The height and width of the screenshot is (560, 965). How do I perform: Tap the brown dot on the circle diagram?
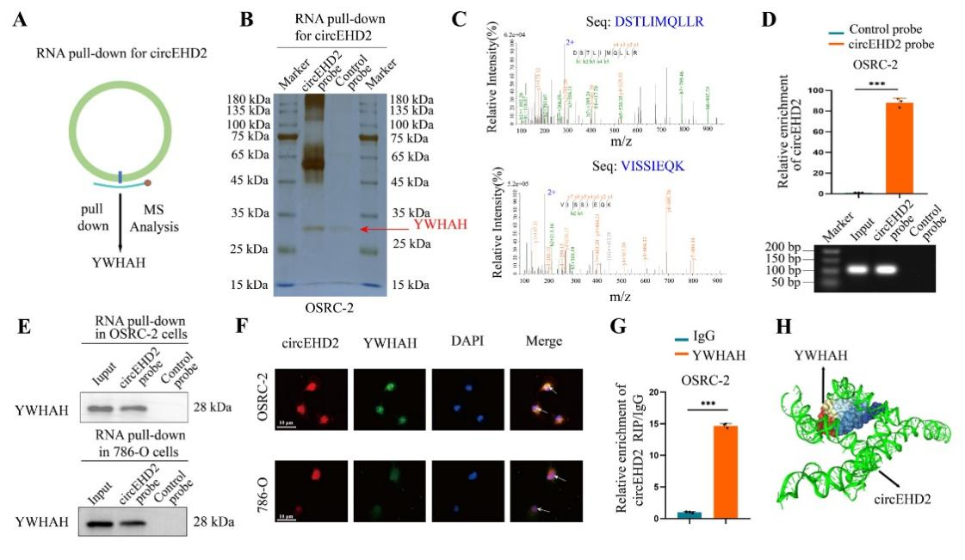coord(148,182)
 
